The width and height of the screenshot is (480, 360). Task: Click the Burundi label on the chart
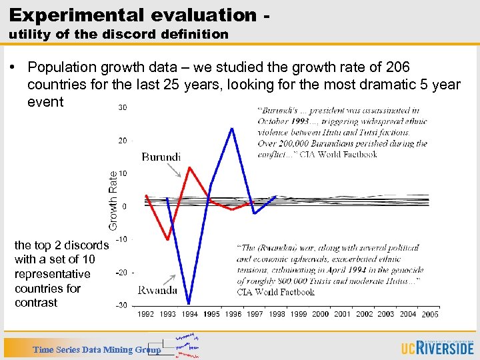tap(161, 157)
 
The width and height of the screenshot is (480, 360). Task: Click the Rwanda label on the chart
tap(157, 289)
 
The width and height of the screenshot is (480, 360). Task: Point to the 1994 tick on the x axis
tap(190, 313)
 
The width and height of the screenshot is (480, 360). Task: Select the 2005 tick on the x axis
tap(430, 313)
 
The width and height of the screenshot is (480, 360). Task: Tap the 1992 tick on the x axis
tap(146, 313)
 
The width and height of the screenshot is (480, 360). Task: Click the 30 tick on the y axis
tap(123, 107)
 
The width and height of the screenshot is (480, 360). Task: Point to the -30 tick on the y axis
tap(121, 305)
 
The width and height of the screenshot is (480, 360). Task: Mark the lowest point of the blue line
tap(189, 304)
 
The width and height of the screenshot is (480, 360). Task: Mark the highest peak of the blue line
tap(232, 127)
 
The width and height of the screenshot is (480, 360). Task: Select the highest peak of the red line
tap(190, 167)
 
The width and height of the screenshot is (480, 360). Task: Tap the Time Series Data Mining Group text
tap(97, 349)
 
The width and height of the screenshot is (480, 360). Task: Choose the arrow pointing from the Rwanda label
tap(170, 280)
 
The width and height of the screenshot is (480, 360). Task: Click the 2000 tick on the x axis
tap(321, 313)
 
